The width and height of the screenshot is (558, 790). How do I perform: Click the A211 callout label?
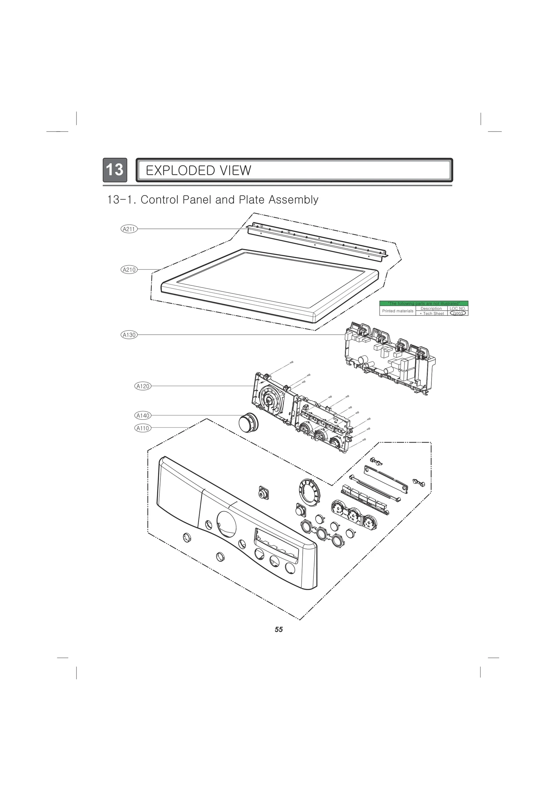click(129, 229)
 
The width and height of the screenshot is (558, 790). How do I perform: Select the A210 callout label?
click(129, 269)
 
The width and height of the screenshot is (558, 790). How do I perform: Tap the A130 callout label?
click(129, 335)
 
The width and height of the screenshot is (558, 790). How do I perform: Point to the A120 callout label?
click(143, 386)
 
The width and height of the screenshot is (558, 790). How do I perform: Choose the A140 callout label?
click(143, 415)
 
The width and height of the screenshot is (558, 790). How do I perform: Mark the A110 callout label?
click(143, 428)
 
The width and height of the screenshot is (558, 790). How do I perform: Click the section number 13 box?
click(115, 170)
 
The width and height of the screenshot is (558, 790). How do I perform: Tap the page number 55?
click(279, 629)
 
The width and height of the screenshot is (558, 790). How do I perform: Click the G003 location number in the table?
click(458, 313)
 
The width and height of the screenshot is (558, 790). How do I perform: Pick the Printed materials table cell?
click(398, 311)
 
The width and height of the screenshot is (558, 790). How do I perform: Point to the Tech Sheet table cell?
click(432, 313)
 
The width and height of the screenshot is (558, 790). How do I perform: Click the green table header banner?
click(423, 304)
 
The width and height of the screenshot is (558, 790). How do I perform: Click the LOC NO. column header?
click(458, 308)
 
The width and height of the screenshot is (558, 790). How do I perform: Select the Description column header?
click(431, 308)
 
